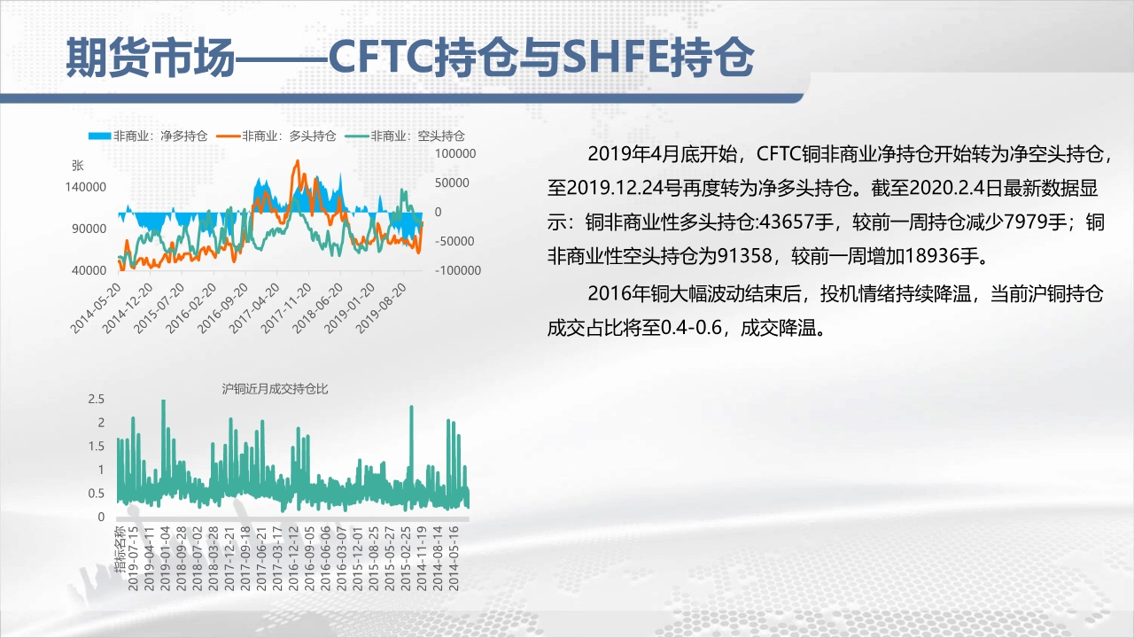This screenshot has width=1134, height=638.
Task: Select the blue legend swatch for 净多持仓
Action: pos(99,136)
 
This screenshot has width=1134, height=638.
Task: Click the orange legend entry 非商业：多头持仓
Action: pos(276,136)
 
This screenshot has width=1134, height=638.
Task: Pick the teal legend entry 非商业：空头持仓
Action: pos(405,136)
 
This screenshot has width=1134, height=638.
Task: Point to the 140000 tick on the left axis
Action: pos(86,187)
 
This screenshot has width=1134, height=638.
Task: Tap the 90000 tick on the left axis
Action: pos(89,229)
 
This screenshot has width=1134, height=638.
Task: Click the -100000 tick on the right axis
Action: pos(458,270)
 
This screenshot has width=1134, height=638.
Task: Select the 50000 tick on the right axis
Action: pos(452,183)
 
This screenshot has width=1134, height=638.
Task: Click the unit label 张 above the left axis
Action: pos(77,165)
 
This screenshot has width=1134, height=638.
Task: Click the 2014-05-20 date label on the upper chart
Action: pos(97,308)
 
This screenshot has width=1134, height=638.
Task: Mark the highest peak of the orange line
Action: pos(297,161)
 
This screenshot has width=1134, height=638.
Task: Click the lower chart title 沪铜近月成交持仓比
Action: pos(275,389)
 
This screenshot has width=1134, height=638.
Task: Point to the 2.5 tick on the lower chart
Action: pos(97,399)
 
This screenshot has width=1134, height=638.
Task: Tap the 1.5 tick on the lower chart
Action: pos(97,446)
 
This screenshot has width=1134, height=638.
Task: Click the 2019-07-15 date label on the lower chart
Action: pos(133,558)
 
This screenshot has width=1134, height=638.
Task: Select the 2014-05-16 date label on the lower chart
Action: pos(454,558)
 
